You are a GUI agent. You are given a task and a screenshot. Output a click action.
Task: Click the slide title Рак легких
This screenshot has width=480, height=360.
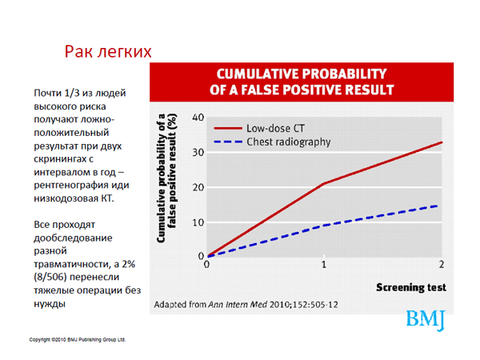point(108,51)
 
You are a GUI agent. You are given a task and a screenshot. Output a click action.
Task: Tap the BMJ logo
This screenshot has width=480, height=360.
point(426,320)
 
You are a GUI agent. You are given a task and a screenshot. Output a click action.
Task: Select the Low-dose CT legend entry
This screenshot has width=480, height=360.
point(259,128)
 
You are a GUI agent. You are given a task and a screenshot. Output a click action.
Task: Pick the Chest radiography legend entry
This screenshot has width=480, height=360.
point(272,142)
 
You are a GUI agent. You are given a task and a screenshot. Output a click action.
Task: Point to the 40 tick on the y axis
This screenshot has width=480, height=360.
point(198,118)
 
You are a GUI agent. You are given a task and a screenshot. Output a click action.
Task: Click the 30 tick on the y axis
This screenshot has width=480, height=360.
point(198,153)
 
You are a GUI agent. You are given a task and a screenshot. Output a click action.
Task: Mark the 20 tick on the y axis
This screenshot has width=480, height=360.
point(198,187)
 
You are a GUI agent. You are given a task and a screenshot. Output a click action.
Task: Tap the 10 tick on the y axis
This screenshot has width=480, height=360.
point(198,222)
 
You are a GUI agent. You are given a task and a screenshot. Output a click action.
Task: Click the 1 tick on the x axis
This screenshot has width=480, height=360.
point(324,265)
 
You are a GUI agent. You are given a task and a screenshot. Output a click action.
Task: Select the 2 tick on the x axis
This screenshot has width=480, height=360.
point(441,265)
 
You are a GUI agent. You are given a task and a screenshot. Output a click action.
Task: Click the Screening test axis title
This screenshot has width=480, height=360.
point(411,287)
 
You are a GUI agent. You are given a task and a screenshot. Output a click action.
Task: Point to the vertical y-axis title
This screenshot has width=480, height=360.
point(167,178)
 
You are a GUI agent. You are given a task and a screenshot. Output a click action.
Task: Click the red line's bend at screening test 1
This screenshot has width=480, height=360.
point(324,184)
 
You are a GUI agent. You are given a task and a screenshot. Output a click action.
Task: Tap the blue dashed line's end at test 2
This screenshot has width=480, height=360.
point(438,206)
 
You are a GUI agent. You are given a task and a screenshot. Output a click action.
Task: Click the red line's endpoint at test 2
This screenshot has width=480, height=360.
point(442,142)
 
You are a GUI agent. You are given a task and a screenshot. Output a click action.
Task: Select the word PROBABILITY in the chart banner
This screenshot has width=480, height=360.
point(344,74)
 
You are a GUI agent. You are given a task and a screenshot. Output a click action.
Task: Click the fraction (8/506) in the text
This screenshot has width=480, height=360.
point(50,277)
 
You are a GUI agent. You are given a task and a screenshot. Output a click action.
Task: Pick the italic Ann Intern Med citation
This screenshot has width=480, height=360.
point(238,305)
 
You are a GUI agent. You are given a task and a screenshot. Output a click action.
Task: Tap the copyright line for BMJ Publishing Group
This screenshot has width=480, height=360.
point(78,339)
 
